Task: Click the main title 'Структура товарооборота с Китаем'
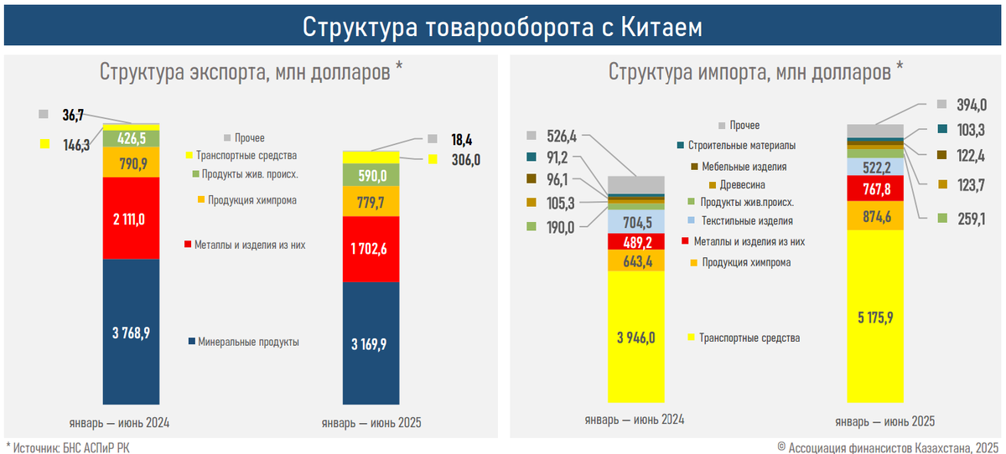click(x=502, y=27)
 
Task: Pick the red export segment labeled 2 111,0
click(x=131, y=218)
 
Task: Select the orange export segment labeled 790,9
click(x=131, y=162)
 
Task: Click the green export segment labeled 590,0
click(x=371, y=175)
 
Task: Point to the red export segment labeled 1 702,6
click(x=371, y=249)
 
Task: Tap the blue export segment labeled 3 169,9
click(x=371, y=343)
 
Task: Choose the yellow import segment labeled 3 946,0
click(x=636, y=337)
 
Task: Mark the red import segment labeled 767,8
click(x=875, y=189)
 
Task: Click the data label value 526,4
click(x=563, y=137)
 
